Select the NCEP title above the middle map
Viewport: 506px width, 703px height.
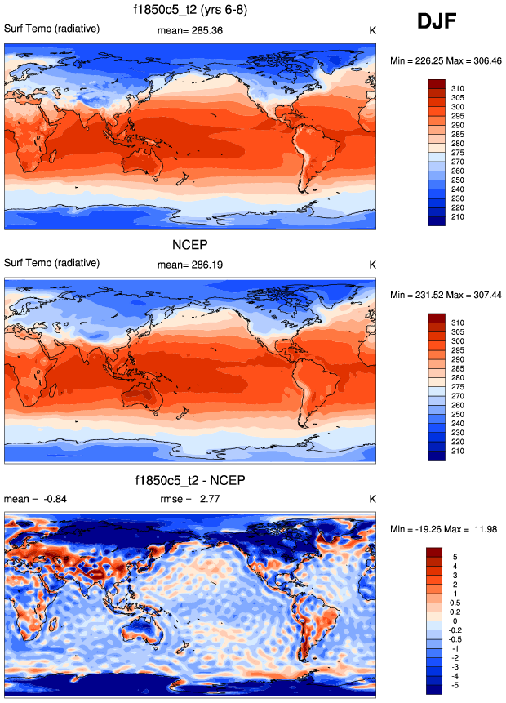[x=189, y=244]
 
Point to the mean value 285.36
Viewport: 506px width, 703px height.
[x=206, y=30]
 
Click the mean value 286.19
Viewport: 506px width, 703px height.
[x=206, y=265]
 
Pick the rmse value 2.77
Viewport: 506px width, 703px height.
[x=210, y=499]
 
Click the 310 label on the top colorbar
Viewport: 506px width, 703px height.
[x=457, y=88]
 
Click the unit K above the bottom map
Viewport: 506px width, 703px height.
[x=372, y=499]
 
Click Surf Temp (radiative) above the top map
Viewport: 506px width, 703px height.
[x=52, y=29]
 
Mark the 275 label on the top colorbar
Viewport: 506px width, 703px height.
[x=457, y=153]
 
